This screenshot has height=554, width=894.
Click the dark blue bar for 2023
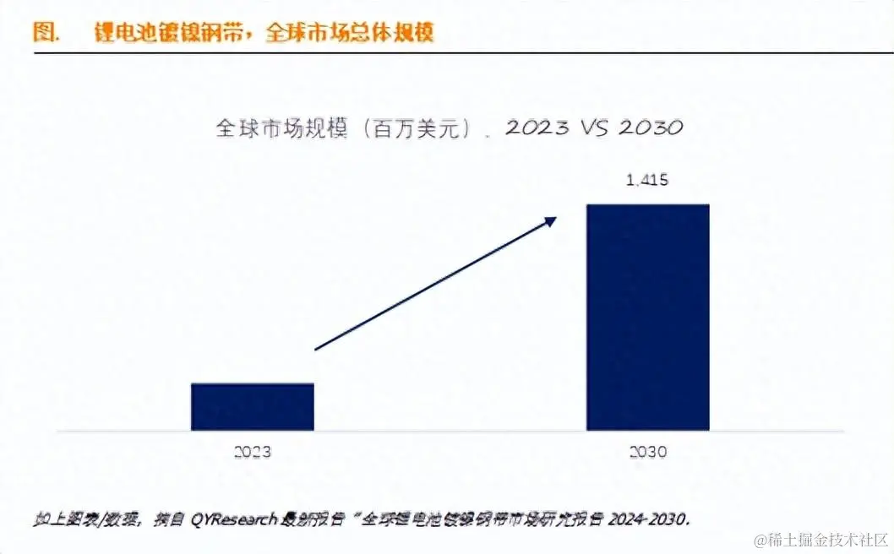point(253,407)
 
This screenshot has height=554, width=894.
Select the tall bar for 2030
point(648,317)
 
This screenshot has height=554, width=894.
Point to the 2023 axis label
point(253,452)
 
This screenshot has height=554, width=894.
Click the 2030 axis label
point(648,452)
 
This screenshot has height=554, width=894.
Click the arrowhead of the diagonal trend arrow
point(552,220)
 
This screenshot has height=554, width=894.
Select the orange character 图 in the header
point(44,32)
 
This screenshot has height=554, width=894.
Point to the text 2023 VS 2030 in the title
point(594,128)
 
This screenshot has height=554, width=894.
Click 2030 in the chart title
point(651,128)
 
